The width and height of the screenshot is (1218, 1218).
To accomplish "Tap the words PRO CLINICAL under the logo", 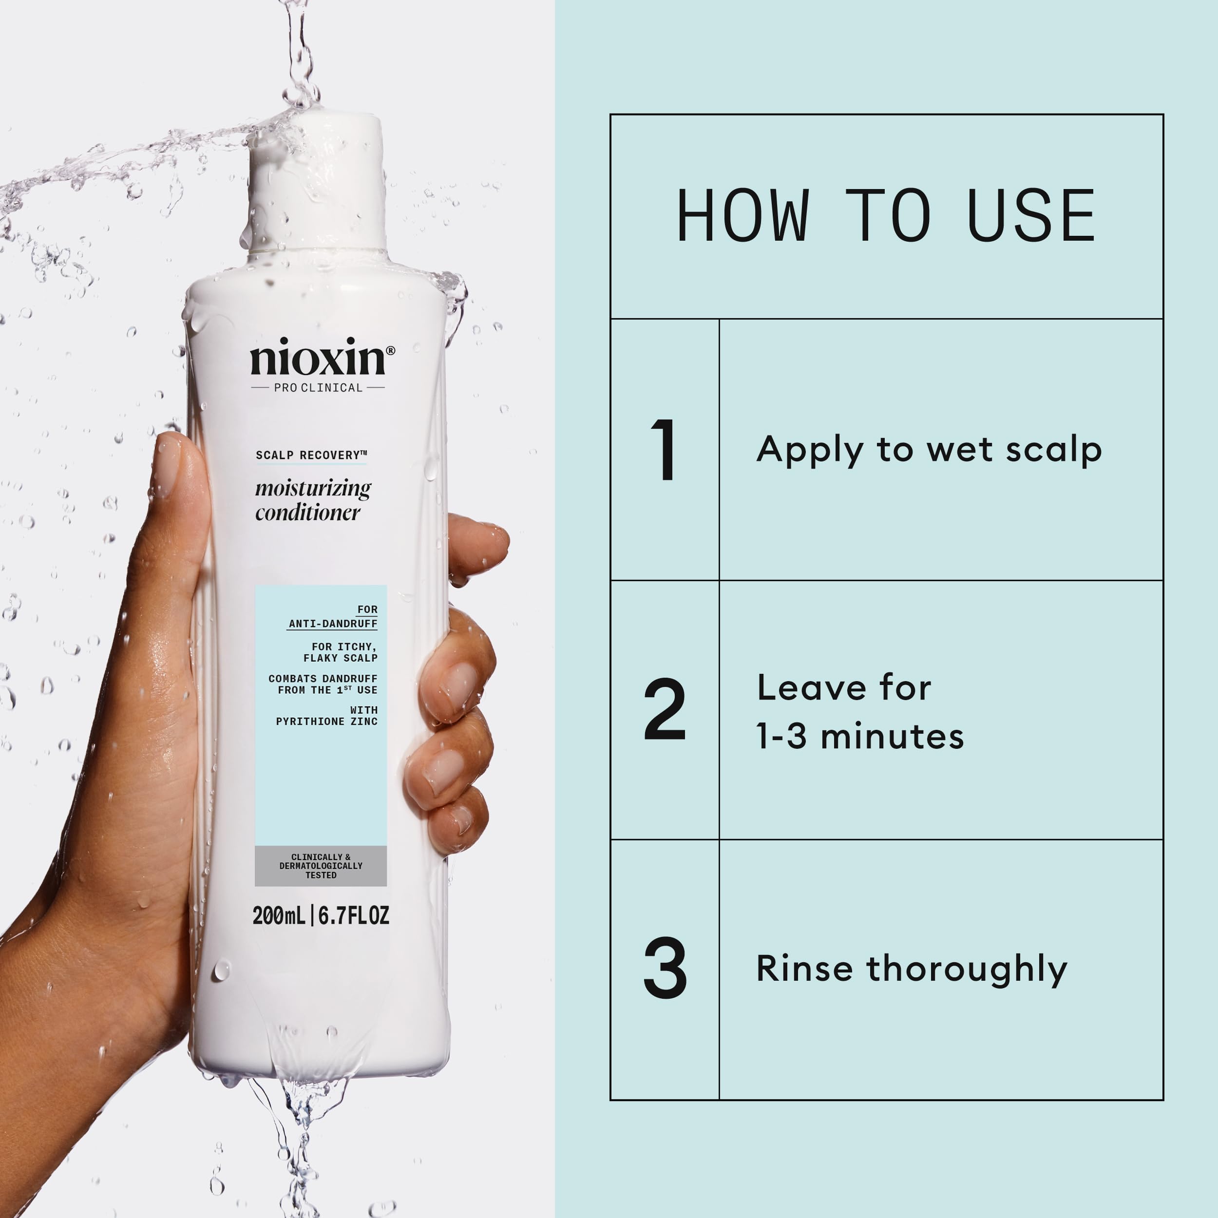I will pos(318,388).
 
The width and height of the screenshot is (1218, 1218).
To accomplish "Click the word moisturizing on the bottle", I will pos(313,489).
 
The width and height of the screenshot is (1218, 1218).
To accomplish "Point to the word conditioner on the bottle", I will pos(307,513).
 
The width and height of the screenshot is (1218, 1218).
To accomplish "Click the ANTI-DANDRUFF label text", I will pos(333,624).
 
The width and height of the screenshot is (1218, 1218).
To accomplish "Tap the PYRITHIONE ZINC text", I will pos(326,721).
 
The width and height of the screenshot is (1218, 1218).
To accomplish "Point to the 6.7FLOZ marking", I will pos(354,916).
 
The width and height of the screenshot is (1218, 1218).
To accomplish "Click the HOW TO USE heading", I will pos(886,216).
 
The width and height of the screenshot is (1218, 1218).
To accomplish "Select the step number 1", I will pos(664,450).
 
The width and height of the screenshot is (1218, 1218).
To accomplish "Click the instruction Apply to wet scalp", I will pos(929,450).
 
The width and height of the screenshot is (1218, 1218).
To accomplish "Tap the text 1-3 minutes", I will pos(860,736).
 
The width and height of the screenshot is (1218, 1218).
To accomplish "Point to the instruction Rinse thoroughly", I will pos(912,969).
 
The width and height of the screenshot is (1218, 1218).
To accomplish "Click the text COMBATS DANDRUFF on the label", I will pos(323,678).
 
